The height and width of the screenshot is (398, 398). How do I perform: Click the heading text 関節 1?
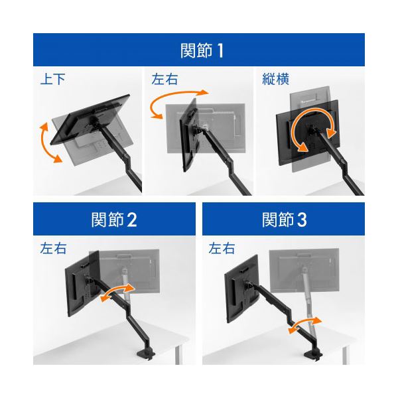click(202, 50)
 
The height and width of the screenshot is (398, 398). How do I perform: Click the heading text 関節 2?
click(114, 220)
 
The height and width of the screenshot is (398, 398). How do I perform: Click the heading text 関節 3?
click(285, 220)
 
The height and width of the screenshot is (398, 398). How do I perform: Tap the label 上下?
click(53, 79)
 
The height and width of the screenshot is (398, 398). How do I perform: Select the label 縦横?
click(275, 79)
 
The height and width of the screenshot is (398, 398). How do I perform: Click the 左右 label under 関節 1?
click(165, 79)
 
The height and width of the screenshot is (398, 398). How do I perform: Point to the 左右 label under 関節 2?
click(53, 248)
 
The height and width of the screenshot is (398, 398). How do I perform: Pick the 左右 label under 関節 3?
click(222, 248)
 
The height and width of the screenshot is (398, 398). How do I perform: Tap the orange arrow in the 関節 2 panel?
click(117, 293)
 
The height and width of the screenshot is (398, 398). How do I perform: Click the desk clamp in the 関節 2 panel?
click(146, 354)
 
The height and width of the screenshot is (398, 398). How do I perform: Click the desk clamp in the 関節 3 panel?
click(313, 355)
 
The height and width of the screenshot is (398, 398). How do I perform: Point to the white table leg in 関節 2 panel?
click(178, 355)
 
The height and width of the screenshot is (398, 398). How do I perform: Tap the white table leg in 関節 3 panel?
click(345, 356)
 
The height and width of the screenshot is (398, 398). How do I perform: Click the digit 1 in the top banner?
click(220, 51)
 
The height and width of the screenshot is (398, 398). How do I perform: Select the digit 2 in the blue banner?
click(132, 220)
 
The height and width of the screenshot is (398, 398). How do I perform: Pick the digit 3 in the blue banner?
click(302, 220)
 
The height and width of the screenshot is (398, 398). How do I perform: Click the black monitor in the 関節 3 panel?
click(242, 288)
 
